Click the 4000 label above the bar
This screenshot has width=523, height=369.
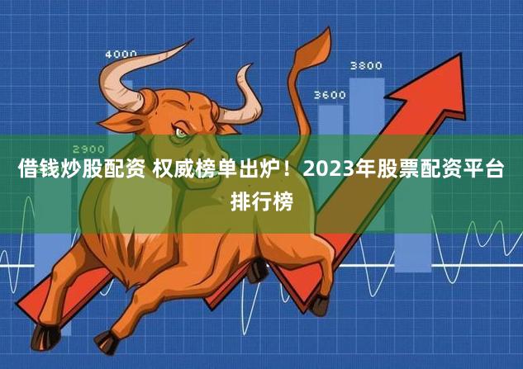(x=121, y=54)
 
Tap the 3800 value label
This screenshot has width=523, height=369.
(x=366, y=65)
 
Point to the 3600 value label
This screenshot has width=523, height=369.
(x=330, y=95)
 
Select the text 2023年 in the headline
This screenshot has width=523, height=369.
(x=337, y=172)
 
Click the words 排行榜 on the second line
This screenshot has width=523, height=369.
(x=261, y=201)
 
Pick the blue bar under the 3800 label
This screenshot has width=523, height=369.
(x=367, y=124)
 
